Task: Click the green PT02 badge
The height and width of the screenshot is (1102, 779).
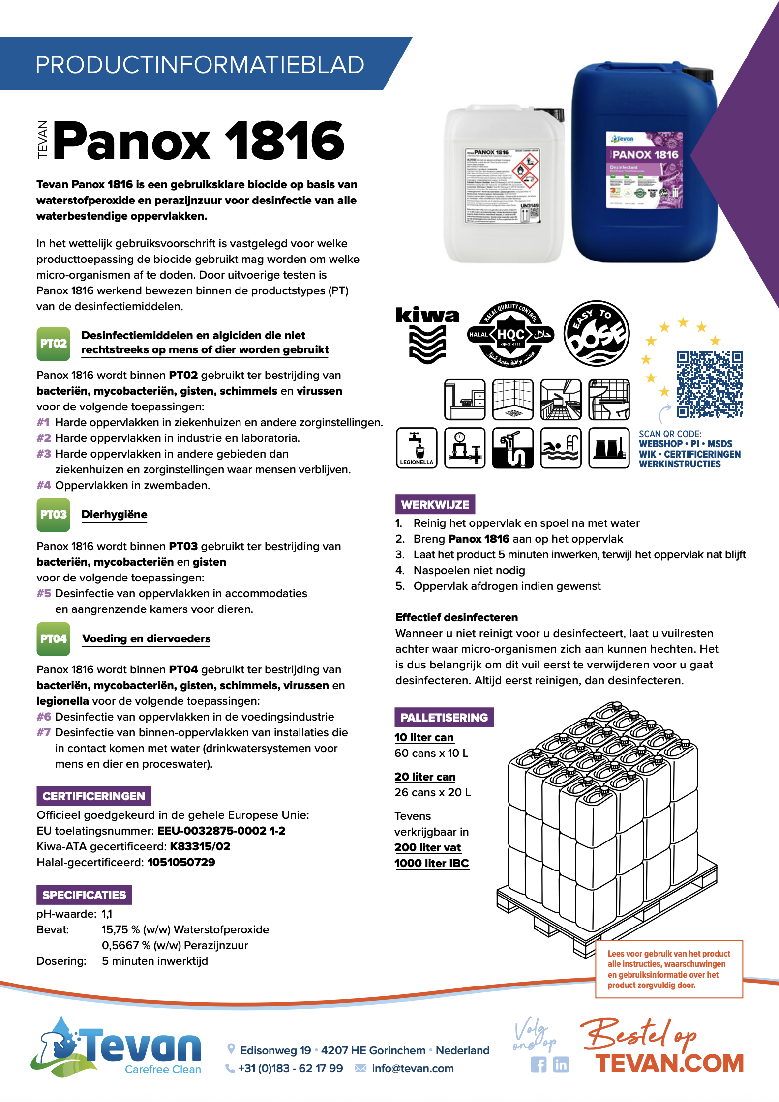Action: pos(53,343)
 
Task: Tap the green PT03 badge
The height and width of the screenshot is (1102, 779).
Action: pos(53,515)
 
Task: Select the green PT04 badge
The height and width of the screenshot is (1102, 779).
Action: pos(53,638)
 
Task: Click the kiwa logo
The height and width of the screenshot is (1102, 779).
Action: pos(427,334)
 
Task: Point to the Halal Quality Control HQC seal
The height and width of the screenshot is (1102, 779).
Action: pos(511,334)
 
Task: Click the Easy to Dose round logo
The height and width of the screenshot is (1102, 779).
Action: pos(596,334)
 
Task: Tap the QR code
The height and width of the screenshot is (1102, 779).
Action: pos(709,384)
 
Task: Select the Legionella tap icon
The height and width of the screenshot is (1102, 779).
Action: pos(417,447)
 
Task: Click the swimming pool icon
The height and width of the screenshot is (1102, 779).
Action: pos(561,447)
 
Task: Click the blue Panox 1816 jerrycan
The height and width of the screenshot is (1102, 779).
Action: pos(644,165)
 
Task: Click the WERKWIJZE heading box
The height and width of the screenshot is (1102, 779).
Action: pos(435,504)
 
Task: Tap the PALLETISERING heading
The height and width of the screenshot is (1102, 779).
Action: pos(444,717)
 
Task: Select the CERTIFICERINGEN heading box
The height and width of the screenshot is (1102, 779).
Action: pos(93,796)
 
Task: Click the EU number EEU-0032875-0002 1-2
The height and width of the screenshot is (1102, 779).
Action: pos(221,831)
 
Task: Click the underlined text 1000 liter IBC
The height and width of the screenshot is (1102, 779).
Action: pos(431,863)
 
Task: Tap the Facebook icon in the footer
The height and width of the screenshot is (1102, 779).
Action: pos(539,1064)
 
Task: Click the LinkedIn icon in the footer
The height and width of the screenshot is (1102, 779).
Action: pos(561,1064)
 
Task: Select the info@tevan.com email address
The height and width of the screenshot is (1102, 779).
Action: pos(412,1068)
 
